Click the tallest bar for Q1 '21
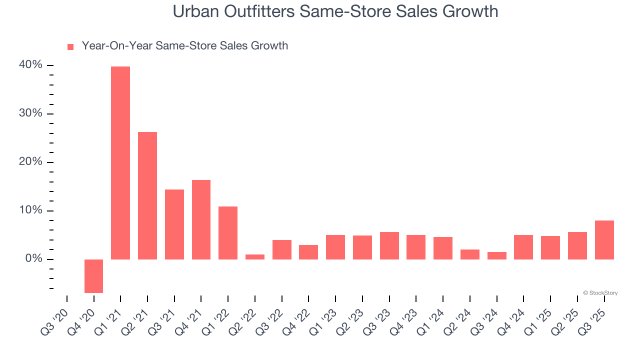(120, 163)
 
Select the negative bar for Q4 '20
(93, 276)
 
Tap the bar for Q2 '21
(147, 195)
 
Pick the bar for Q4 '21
(201, 219)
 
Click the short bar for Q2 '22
(255, 256)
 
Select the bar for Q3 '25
(604, 240)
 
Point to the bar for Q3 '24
(496, 255)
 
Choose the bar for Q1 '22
(228, 233)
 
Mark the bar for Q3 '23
(389, 245)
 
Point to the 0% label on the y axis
(36, 259)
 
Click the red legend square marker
(70, 46)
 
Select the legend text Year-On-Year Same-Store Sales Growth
(184, 46)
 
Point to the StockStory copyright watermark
(600, 293)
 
